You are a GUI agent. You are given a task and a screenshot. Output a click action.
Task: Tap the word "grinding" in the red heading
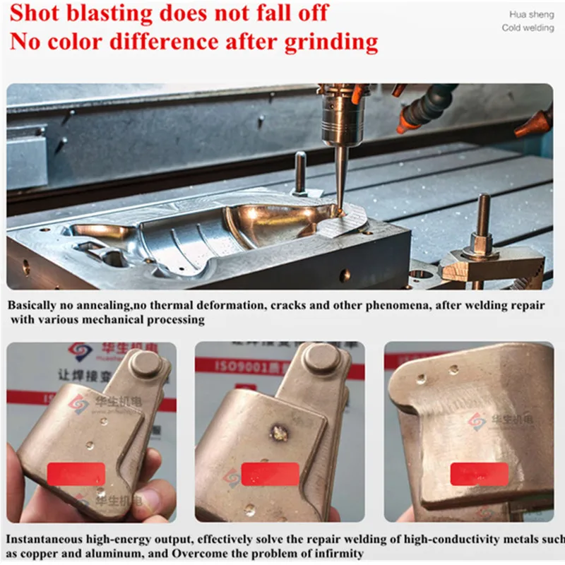331,42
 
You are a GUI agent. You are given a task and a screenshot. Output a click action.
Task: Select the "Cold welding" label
528,28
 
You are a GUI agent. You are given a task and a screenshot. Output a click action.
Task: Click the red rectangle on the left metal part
76,474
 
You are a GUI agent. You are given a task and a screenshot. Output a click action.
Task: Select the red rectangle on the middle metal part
270,473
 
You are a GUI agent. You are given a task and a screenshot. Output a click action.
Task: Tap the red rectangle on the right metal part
479,474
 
